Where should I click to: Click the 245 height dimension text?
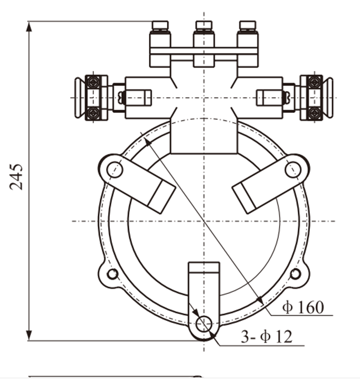pyautogui.click(x=17, y=176)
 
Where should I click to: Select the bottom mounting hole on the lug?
pyautogui.click(x=203, y=324)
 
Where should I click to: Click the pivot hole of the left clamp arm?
pyautogui.click(x=114, y=169)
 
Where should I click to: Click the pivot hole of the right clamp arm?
pyautogui.click(x=293, y=169)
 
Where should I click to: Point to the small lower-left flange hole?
pyautogui.click(x=112, y=274)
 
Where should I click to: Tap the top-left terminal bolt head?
pyautogui.click(x=160, y=25)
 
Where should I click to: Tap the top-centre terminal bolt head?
pyautogui.click(x=204, y=25)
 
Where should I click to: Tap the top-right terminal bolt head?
pyautogui.click(x=247, y=25)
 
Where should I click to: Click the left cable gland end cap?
pyautogui.click(x=79, y=98)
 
